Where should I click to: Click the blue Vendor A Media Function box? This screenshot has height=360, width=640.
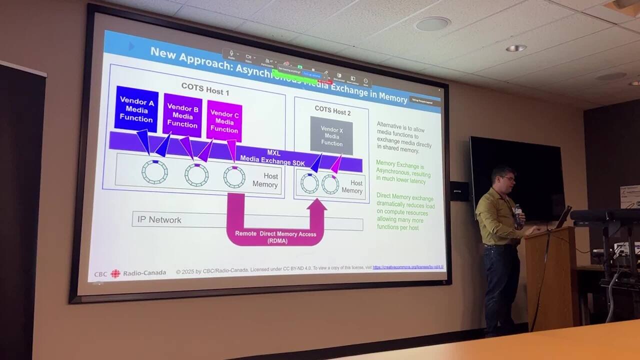[136, 109]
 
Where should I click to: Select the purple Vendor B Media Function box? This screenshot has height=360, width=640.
[182, 115]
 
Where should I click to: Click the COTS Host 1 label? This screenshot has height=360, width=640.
[205, 89]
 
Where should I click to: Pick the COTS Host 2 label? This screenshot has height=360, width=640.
[332, 110]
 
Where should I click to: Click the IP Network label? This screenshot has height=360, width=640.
[159, 219]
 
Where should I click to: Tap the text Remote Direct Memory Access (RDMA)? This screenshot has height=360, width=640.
[275, 236]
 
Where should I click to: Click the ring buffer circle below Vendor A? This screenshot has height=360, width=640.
[154, 171]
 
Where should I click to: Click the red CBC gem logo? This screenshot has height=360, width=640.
[115, 273]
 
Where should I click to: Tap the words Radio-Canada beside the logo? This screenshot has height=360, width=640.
[144, 273]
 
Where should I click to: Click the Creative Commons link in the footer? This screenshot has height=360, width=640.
[408, 267]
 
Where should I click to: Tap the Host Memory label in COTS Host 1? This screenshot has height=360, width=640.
[264, 180]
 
